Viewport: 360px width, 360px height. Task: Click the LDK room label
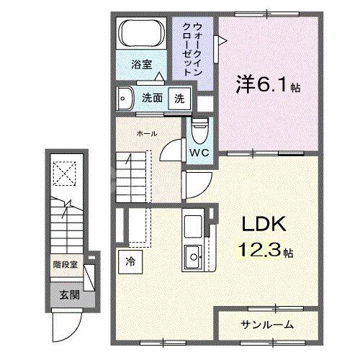coord(260,224)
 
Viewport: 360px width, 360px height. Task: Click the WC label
coord(199,153)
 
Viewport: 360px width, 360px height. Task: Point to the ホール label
coord(147,134)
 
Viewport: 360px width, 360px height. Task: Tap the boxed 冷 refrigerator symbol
coord(130,261)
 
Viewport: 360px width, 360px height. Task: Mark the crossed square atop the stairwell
coord(66,174)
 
